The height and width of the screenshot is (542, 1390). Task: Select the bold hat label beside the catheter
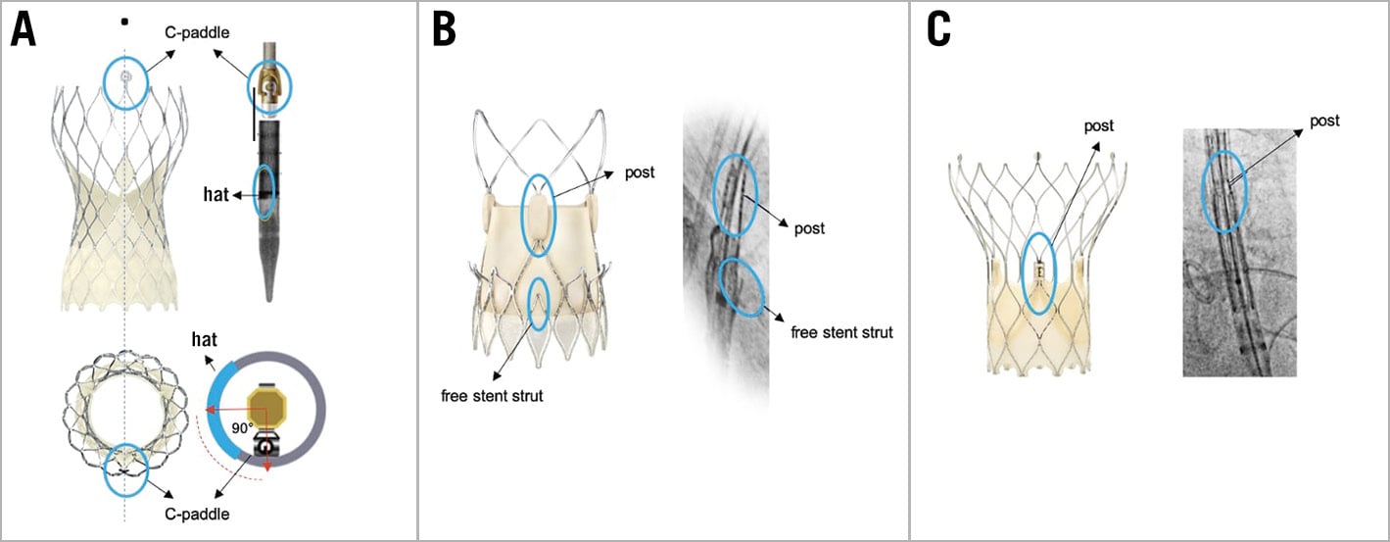click(217, 195)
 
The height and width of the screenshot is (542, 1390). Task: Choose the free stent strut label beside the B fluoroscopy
click(840, 332)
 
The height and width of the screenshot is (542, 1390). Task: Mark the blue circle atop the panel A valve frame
click(125, 83)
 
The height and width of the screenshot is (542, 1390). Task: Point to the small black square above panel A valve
click(123, 22)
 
